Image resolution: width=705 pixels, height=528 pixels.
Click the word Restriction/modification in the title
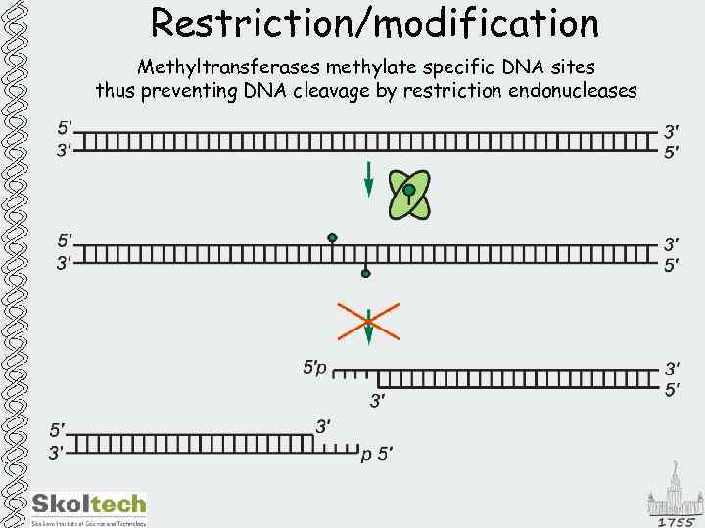[x=374, y=22]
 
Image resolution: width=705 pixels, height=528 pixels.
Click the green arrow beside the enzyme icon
[x=368, y=180]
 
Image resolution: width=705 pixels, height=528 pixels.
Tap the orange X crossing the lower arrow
[x=368, y=321]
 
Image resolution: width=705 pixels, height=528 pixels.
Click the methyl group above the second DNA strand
[x=333, y=238]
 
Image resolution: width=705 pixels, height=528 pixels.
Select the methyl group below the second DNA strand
[x=365, y=273]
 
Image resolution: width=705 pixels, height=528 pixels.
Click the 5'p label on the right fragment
[x=315, y=369]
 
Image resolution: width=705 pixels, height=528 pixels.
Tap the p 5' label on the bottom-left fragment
[x=377, y=453]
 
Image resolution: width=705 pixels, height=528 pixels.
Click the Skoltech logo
[x=89, y=506]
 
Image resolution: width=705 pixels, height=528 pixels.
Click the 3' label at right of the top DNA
[x=673, y=131]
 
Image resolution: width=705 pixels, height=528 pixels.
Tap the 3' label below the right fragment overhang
[x=377, y=399]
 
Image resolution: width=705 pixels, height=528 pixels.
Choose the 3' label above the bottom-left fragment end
[x=323, y=426]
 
